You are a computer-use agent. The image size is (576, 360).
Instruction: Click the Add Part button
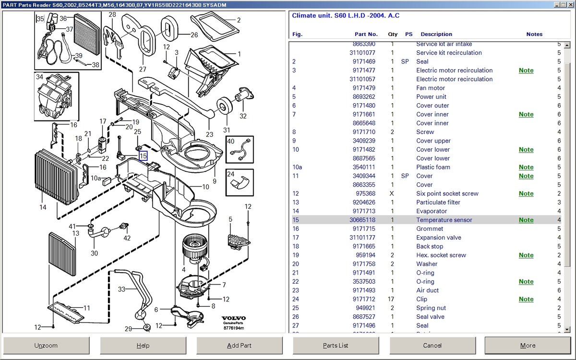click(239, 346)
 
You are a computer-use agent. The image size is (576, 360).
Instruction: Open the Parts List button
click(336, 346)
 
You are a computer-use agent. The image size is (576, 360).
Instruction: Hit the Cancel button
click(432, 346)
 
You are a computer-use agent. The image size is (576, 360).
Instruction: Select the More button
click(528, 346)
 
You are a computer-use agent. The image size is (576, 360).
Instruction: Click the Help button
click(143, 346)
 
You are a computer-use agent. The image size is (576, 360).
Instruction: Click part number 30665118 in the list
click(362, 220)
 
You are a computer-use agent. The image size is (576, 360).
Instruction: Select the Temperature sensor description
click(444, 220)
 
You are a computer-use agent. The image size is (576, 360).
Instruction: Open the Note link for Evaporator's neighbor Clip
click(526, 299)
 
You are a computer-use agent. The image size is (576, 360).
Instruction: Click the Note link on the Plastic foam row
click(526, 167)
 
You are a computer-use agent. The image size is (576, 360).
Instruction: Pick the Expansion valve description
click(439, 238)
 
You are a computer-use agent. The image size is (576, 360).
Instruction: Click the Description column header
click(436, 34)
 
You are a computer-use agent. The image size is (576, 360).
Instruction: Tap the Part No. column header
click(366, 34)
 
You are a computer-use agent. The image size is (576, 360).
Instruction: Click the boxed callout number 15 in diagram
click(143, 156)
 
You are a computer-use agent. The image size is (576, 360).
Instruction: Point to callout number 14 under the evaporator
click(43, 208)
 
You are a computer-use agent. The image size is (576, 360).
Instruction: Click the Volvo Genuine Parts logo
click(233, 323)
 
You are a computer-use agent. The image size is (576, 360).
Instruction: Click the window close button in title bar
click(570, 5)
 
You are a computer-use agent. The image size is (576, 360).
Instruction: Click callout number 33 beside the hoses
click(121, 289)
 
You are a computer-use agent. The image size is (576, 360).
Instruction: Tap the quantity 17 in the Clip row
click(392, 299)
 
